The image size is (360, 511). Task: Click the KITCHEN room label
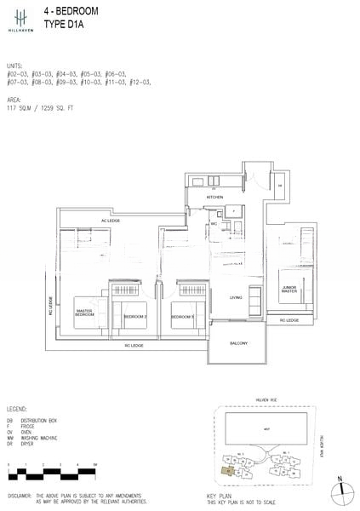(214, 198)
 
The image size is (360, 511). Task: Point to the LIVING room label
(236, 297)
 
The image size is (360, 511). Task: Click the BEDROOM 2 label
(136, 316)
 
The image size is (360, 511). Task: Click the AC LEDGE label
(111, 221)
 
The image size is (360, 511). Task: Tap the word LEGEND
(19, 410)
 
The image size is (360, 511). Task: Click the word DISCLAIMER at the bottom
(20, 494)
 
